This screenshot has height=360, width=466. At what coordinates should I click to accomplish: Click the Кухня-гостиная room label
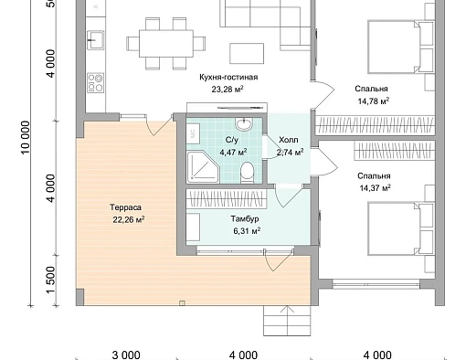click(228, 77)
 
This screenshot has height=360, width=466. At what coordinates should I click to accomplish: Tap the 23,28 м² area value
click(228, 90)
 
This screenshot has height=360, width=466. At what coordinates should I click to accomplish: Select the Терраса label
click(125, 207)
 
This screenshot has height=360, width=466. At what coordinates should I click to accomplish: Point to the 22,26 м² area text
click(129, 219)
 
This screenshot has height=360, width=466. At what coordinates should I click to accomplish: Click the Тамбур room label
click(245, 219)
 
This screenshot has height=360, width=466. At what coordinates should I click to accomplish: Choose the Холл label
click(289, 140)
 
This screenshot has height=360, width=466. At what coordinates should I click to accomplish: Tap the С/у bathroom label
click(232, 140)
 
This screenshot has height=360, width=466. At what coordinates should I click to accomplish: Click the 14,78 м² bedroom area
click(373, 101)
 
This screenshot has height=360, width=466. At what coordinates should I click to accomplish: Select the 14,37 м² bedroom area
click(375, 188)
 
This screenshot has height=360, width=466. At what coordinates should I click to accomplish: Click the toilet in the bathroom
click(247, 173)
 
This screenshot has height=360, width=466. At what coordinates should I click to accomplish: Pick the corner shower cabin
click(203, 167)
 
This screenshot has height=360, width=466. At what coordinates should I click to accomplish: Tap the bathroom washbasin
click(244, 123)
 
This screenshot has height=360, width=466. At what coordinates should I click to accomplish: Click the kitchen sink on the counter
click(95, 40)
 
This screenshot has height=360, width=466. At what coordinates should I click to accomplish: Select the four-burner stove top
click(95, 82)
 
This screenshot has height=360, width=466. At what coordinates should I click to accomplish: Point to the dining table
click(166, 43)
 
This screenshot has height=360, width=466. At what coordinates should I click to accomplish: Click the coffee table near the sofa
click(247, 53)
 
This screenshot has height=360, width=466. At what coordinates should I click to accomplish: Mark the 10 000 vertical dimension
click(26, 138)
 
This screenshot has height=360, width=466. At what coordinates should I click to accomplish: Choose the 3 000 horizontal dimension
click(126, 355)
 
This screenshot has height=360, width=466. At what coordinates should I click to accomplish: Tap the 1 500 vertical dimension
click(51, 281)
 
